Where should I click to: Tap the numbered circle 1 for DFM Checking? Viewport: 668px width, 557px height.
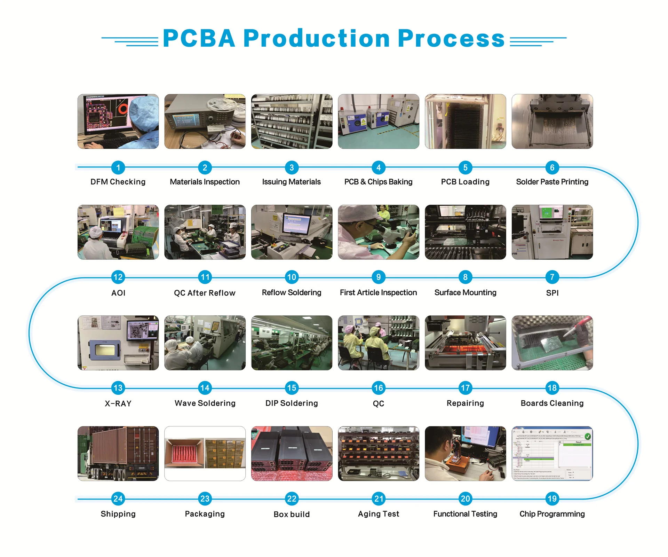[x=118, y=167]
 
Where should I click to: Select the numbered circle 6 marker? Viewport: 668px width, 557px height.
[x=552, y=167]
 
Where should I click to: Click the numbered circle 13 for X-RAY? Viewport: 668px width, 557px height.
[x=118, y=388]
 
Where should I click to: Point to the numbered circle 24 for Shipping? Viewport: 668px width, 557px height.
[x=118, y=499]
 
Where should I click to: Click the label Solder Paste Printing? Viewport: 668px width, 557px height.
[x=552, y=182]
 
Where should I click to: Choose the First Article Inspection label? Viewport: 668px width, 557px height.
[x=378, y=292]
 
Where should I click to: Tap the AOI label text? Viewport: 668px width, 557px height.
[x=118, y=293]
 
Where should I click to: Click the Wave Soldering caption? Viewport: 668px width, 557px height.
[x=205, y=403]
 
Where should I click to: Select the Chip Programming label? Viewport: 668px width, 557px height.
[x=552, y=514]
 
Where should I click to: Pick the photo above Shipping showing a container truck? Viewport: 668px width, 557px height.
[x=118, y=453]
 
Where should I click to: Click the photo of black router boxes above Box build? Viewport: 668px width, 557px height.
[x=292, y=453]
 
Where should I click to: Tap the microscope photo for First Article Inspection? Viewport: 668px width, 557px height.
[x=378, y=232]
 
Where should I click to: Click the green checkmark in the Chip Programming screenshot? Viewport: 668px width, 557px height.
[x=588, y=436]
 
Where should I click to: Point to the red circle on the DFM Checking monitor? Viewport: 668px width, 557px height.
[x=123, y=109]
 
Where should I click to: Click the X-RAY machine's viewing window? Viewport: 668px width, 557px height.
[x=105, y=350]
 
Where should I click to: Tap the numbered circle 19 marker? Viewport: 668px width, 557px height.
[x=552, y=499]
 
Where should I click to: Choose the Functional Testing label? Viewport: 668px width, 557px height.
[x=465, y=514]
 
